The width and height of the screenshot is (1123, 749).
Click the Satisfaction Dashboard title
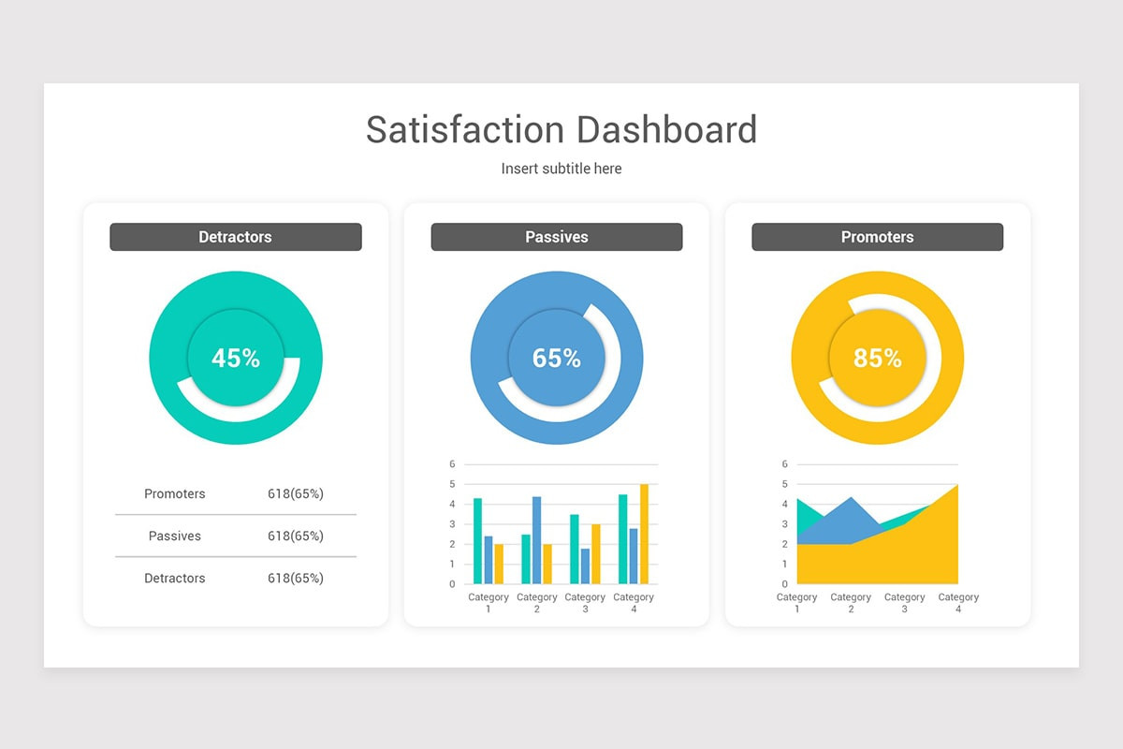[x=561, y=130]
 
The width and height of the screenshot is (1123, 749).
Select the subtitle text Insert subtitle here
[x=561, y=169]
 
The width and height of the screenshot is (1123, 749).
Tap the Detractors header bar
[x=235, y=237]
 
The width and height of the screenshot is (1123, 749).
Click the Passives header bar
[x=556, y=237]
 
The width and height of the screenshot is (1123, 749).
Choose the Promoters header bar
[x=877, y=237]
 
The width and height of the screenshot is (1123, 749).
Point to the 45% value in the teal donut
[x=236, y=358]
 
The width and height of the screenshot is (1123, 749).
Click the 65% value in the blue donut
[x=557, y=358]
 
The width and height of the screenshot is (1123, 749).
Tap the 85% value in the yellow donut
[x=878, y=358]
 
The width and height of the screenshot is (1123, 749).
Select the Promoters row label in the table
[x=175, y=493]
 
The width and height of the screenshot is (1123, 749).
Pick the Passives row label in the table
[x=175, y=536]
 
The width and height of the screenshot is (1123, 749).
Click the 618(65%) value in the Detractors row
[x=296, y=578]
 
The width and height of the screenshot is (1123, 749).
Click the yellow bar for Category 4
[x=644, y=534]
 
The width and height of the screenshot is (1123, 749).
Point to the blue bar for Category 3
[x=585, y=565]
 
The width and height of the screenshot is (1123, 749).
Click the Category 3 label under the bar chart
[x=585, y=603]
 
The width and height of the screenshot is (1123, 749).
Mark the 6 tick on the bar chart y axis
[x=452, y=464]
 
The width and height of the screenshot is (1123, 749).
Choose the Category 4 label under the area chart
[x=958, y=603]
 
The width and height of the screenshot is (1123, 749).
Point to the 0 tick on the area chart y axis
[x=785, y=584]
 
